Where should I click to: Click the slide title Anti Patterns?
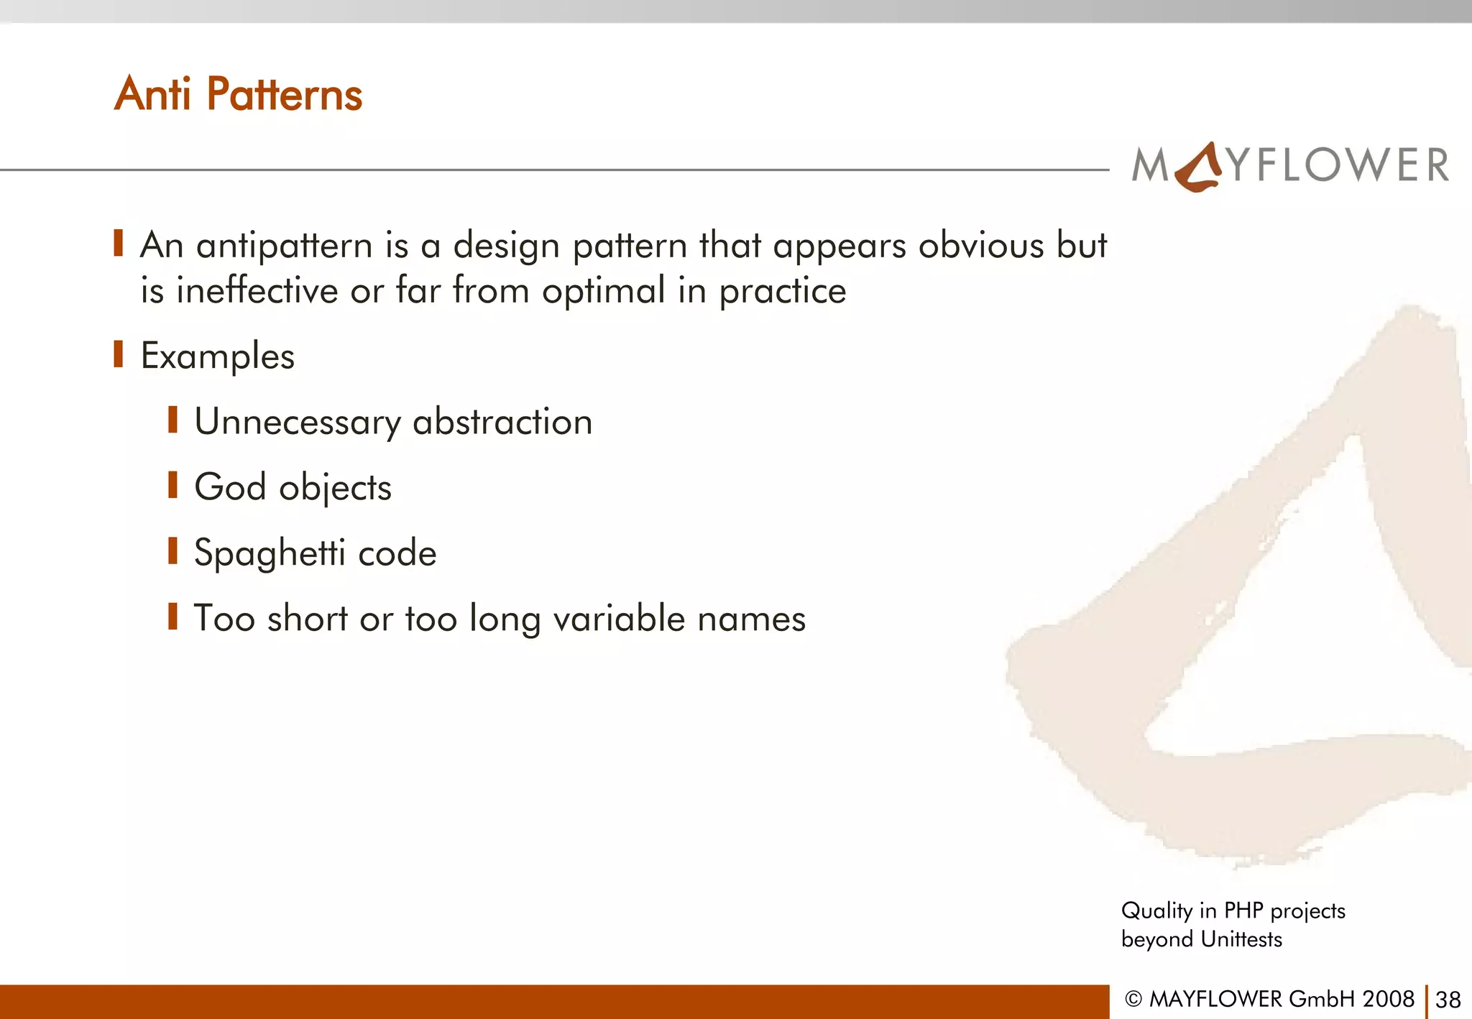[x=238, y=94]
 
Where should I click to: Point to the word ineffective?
[x=257, y=291]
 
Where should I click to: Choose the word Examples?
[x=217, y=356]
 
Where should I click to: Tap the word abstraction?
[x=502, y=422]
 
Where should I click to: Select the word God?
[x=230, y=487]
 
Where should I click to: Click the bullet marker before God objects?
[x=172, y=485]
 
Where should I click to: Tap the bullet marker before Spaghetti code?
[x=172, y=551]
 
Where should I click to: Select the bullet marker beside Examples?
[x=119, y=354]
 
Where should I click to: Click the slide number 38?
[x=1448, y=1000]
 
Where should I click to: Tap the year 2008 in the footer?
[x=1389, y=999]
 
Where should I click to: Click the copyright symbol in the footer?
[x=1133, y=999]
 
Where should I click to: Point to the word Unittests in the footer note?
[x=1241, y=939]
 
